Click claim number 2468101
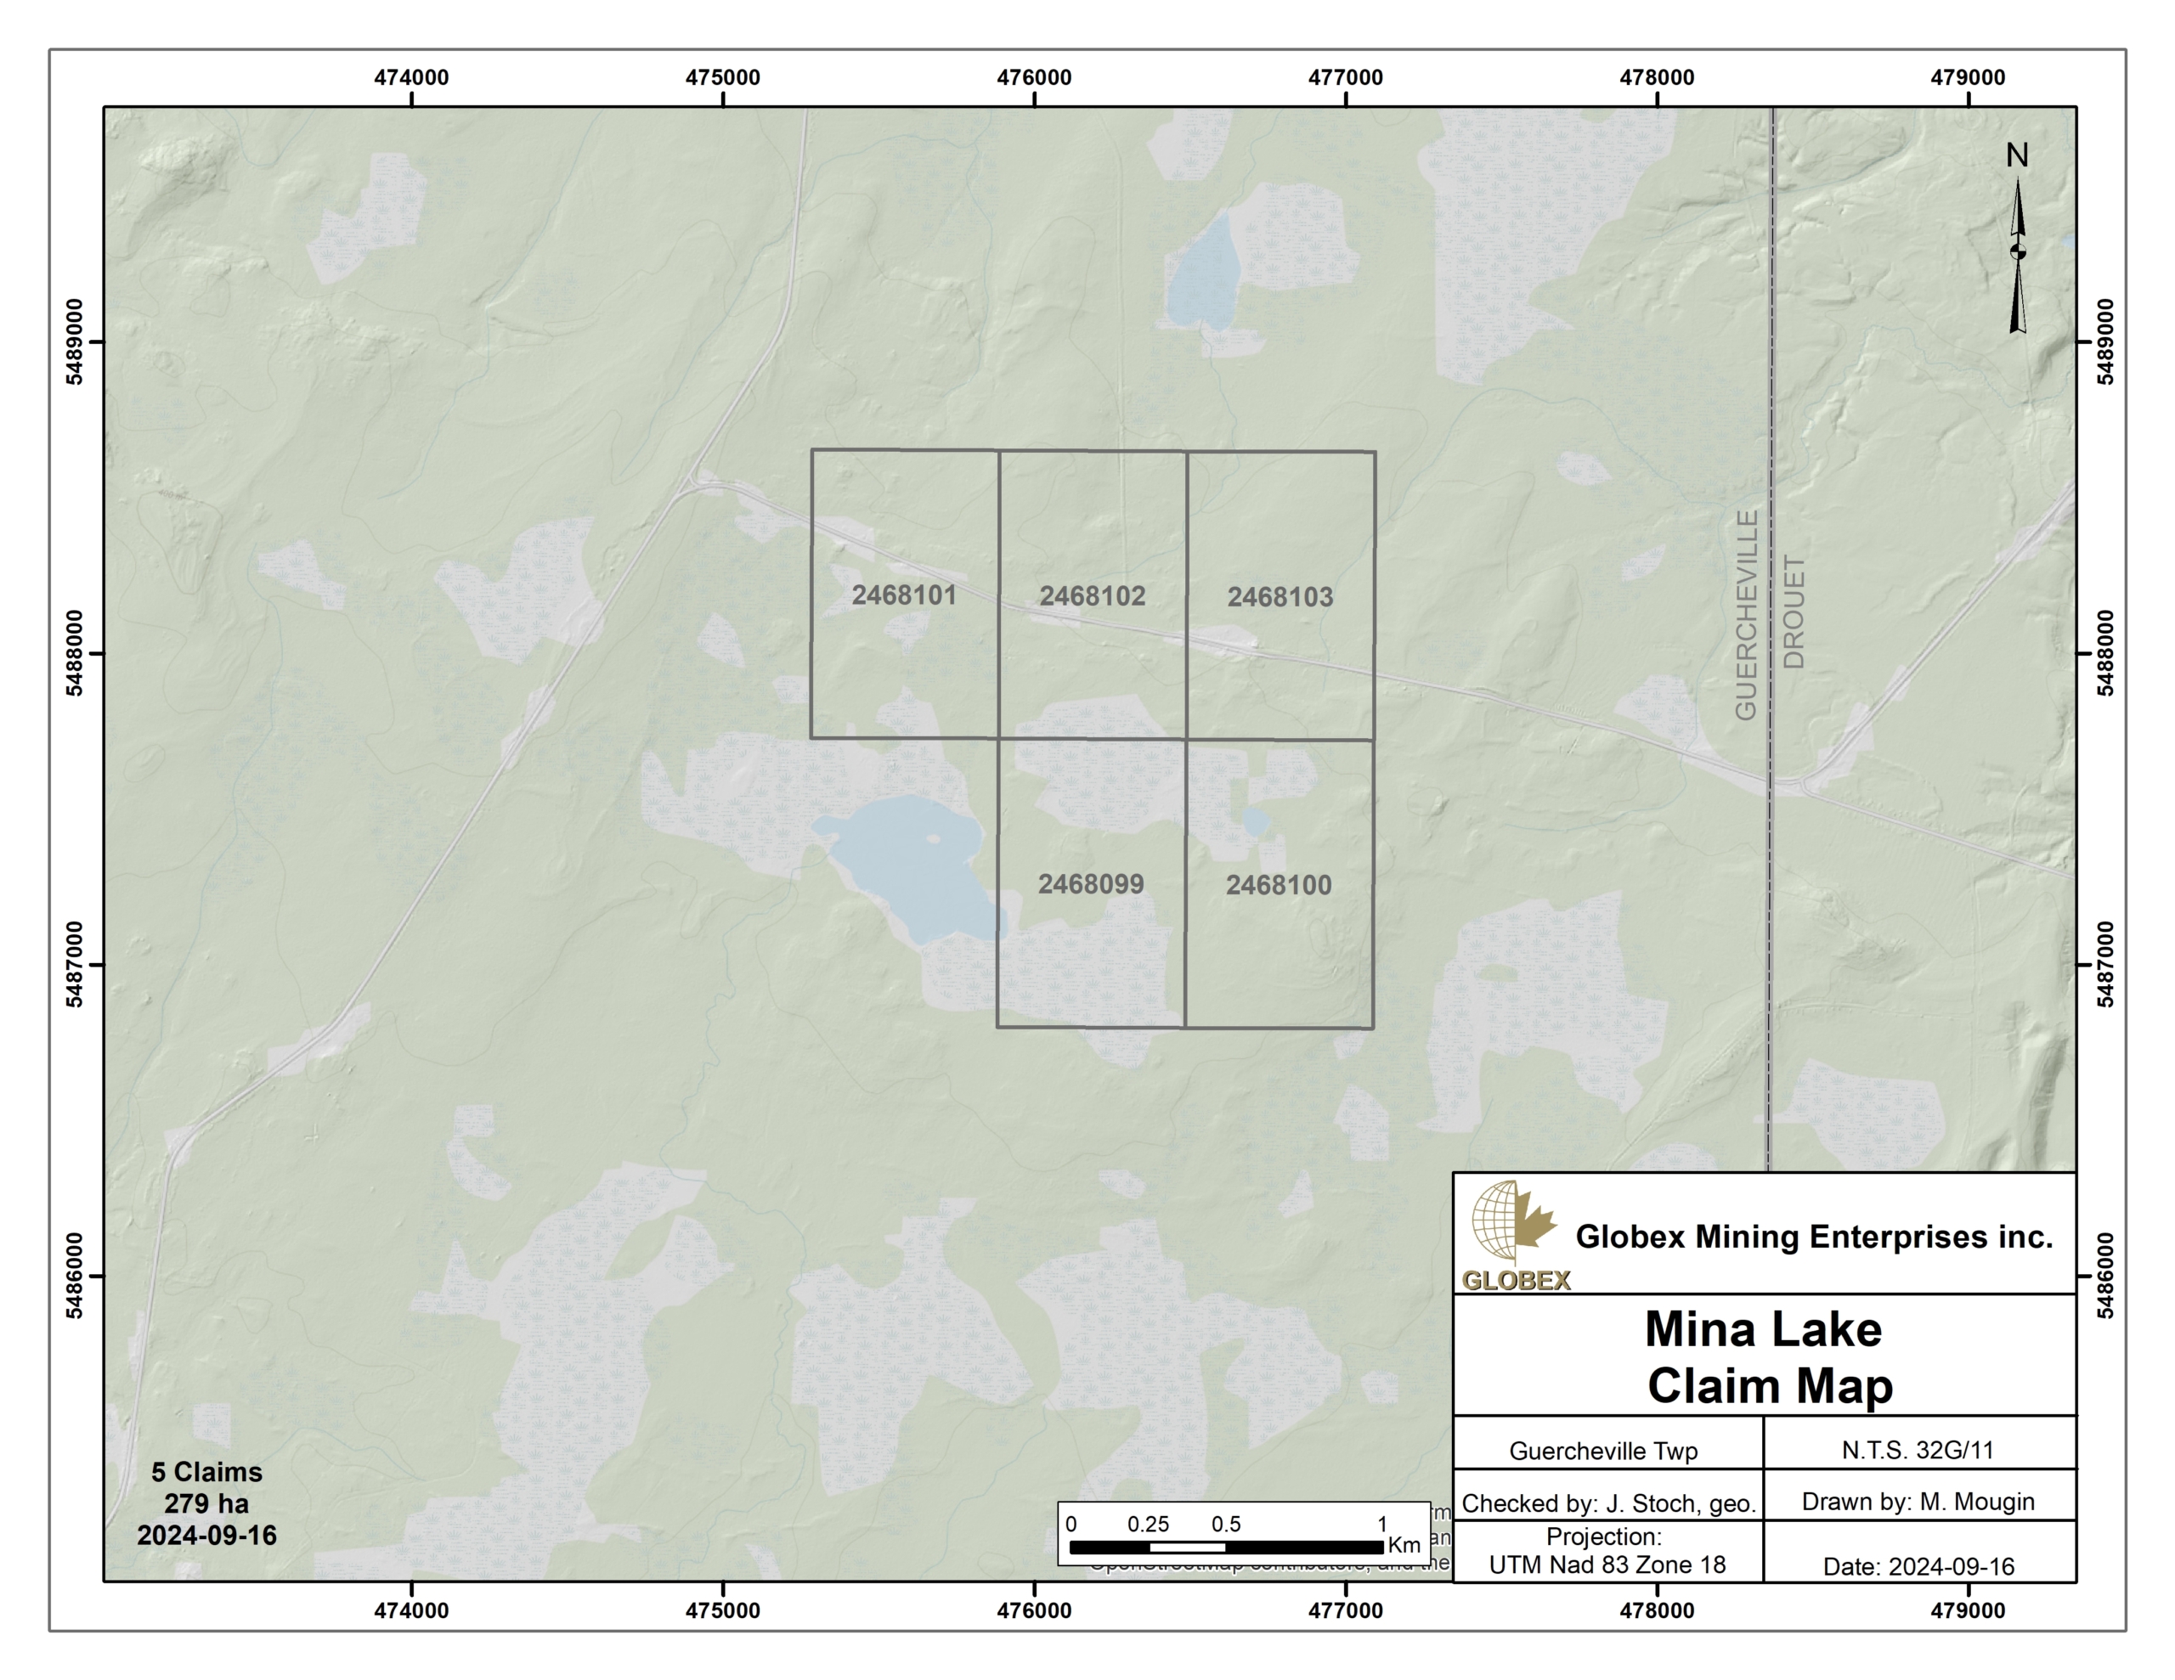(903, 595)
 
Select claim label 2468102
(1092, 595)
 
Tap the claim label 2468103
(1280, 596)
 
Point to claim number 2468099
(1091, 883)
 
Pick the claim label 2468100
(1278, 884)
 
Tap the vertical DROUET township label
(1793, 612)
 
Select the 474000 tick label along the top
(411, 77)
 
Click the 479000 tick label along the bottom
(1967, 1610)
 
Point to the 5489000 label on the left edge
(75, 341)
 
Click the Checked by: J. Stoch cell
(1607, 1502)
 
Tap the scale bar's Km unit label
(1404, 1545)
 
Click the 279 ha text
(206, 1502)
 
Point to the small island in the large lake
(933, 838)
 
